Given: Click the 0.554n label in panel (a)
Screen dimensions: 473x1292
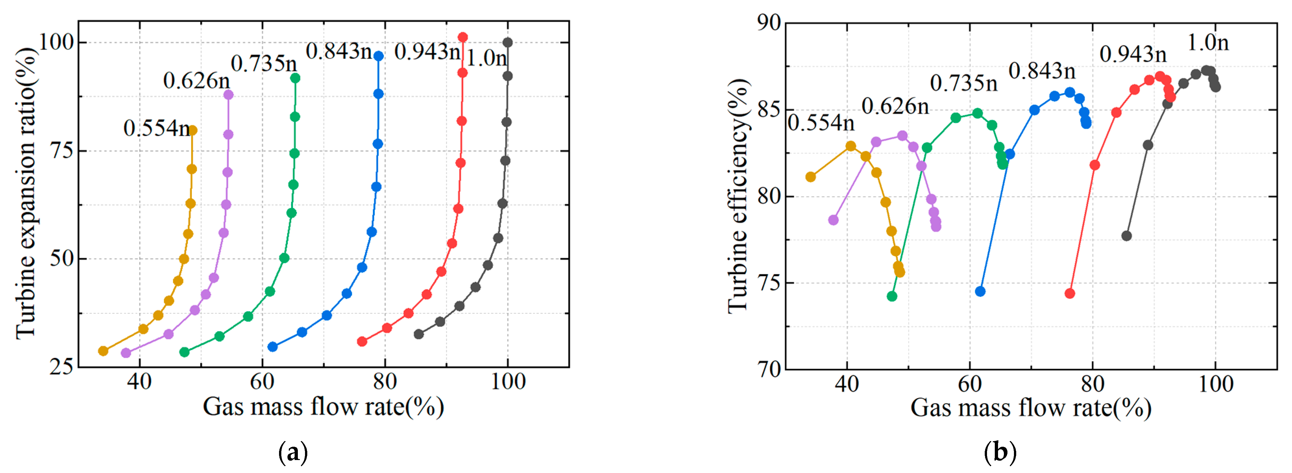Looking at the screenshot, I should pyautogui.click(x=156, y=128).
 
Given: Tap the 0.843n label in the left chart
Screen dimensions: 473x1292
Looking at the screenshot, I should pyautogui.click(x=338, y=51).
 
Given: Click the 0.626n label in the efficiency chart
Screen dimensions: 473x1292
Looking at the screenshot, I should pyautogui.click(x=895, y=106).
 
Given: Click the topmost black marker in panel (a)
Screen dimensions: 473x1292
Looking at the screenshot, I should pyautogui.click(x=507, y=42).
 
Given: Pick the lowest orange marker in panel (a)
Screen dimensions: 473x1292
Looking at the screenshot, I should pyautogui.click(x=103, y=351).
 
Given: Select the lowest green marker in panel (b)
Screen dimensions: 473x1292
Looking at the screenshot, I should pyautogui.click(x=892, y=296).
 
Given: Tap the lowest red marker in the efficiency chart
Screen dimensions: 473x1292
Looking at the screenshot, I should pyautogui.click(x=1070, y=293).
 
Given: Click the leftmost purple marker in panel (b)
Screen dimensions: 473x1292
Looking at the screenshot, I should pyautogui.click(x=833, y=220).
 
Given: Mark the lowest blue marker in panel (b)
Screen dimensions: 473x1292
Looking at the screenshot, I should pyautogui.click(x=980, y=291).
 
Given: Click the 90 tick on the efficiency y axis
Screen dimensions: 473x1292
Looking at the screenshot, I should pyautogui.click(x=769, y=23).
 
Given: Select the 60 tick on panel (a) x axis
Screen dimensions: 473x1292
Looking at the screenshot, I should pyautogui.click(x=262, y=382).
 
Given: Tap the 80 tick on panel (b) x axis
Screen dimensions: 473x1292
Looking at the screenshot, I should pyautogui.click(x=1092, y=384).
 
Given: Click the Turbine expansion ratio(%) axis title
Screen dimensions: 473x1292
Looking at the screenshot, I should pyautogui.click(x=25, y=193).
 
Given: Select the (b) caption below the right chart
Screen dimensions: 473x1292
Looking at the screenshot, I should pyautogui.click(x=1000, y=453).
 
